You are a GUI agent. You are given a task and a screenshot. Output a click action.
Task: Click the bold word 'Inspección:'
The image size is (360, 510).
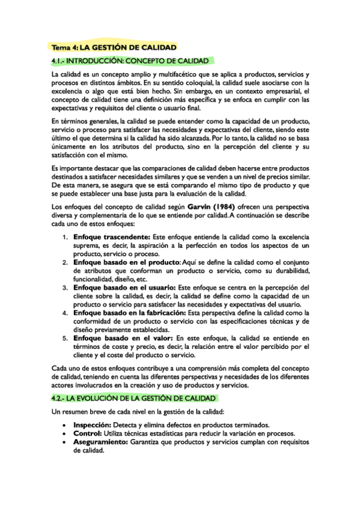click(92, 425)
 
